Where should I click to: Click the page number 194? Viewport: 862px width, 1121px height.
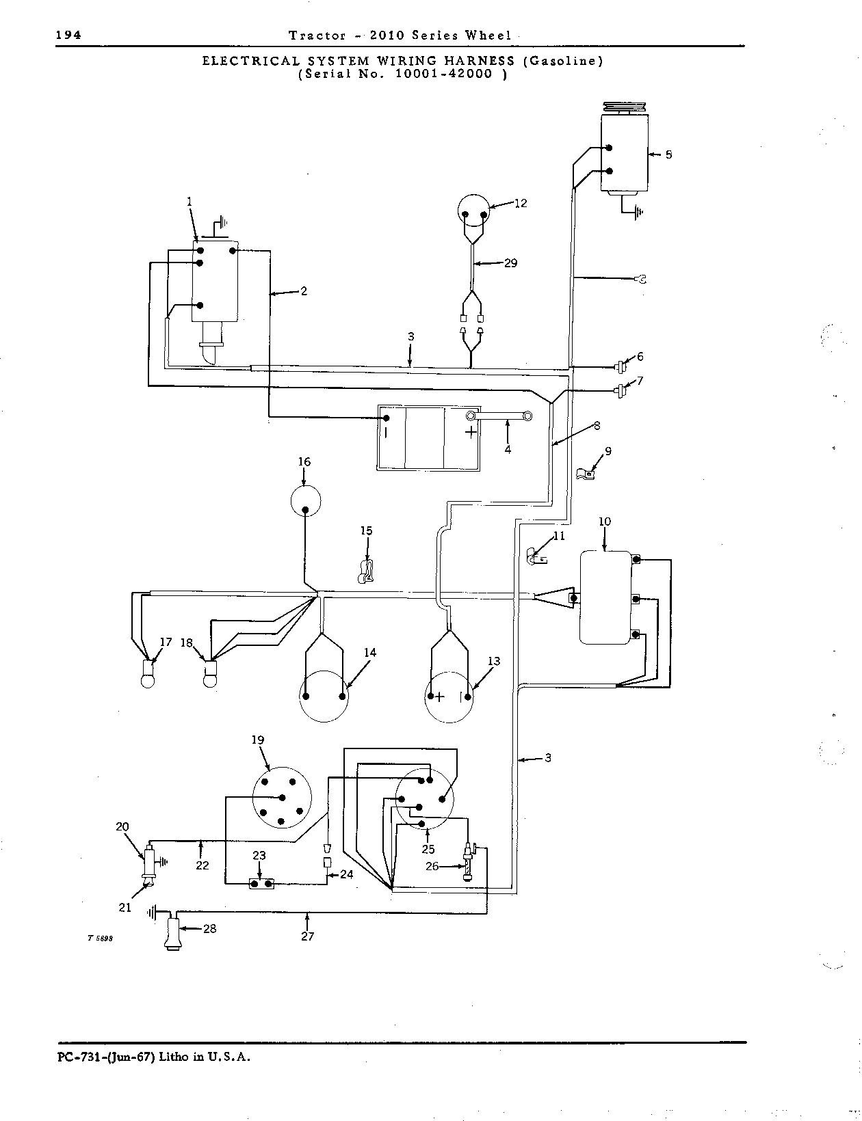(x=68, y=35)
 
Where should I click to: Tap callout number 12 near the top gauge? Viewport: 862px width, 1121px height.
(x=521, y=203)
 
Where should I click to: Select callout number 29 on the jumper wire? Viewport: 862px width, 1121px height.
(x=510, y=263)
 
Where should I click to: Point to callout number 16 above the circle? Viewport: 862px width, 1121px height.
(x=304, y=461)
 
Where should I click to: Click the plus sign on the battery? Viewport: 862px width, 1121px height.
(x=470, y=432)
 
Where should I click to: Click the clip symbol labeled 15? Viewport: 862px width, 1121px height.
(x=366, y=572)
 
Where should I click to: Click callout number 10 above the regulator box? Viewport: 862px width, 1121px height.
(x=605, y=522)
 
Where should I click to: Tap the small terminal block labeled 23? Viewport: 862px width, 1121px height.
(x=261, y=884)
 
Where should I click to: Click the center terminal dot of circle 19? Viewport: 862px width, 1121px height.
(x=283, y=798)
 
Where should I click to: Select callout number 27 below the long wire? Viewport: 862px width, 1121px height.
(x=308, y=936)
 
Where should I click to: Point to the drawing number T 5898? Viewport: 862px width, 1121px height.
(x=100, y=938)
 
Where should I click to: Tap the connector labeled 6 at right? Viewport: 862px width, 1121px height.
(x=620, y=367)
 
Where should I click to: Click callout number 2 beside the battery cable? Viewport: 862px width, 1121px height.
(x=304, y=291)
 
